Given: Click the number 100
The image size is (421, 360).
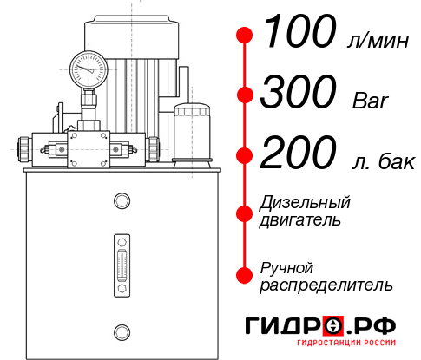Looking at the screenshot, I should [299, 35].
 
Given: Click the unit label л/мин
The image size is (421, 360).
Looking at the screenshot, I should [375, 41].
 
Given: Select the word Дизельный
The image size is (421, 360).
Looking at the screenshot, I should [306, 203].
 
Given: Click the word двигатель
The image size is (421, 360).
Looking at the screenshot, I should [300, 220].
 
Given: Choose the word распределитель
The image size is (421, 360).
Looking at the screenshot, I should [326, 285].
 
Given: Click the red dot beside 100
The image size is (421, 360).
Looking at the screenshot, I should [245, 36].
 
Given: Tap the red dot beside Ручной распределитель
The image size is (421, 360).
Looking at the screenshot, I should [245, 274].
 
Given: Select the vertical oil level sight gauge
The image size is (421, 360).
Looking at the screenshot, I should [121, 259].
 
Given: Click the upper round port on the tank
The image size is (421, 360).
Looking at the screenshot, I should [121, 201].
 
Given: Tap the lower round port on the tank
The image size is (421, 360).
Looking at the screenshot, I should [121, 331].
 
